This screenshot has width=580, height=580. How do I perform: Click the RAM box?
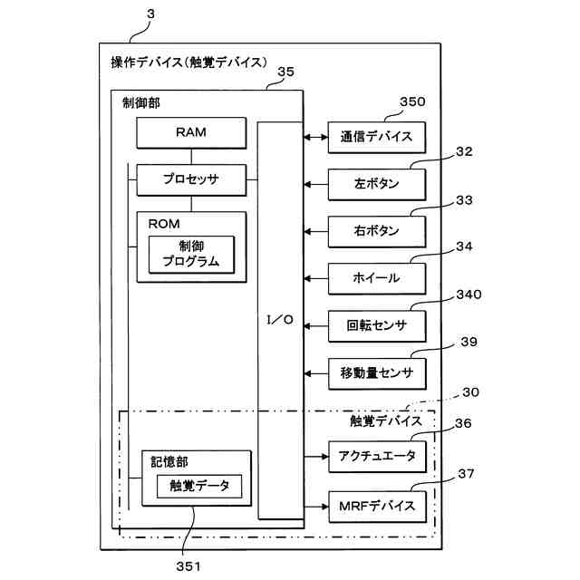coord(191,133)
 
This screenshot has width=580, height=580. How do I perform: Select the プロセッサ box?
coord(191,179)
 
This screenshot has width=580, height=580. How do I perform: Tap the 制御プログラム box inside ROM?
coord(191,255)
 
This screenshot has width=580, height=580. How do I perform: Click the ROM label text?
coord(164,224)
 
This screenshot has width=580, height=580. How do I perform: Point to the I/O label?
coord(280,320)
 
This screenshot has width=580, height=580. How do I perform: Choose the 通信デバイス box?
coord(377,137)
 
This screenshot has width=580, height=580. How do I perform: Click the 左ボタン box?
coord(377,184)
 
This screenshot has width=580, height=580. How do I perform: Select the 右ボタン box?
coord(377,232)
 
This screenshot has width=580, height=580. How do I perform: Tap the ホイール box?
coord(377,278)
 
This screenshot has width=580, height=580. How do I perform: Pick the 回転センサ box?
coord(377,326)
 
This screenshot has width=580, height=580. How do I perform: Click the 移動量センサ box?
coord(377,373)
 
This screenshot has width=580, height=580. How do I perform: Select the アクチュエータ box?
coord(377,457)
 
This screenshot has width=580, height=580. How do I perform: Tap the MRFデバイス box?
coord(377,507)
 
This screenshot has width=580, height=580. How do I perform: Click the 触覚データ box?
coord(199,486)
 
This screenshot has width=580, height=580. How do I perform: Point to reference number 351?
coord(188,565)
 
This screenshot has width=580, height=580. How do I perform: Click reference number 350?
coord(412,101)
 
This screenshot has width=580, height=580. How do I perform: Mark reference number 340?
coord(469,295)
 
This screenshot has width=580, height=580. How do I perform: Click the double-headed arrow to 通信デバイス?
coord(316,137)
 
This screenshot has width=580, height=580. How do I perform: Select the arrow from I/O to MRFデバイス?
coord(316,507)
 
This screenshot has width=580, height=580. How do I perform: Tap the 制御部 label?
coord(141,102)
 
